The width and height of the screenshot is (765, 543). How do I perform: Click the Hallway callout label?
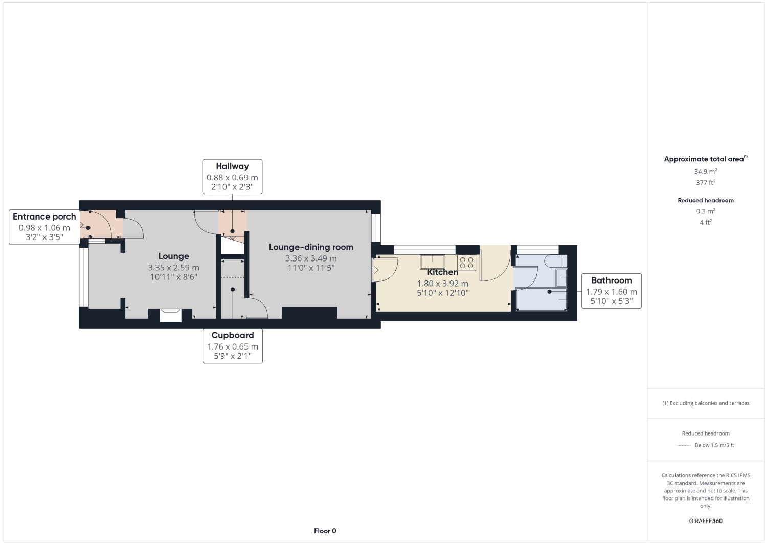(232, 166)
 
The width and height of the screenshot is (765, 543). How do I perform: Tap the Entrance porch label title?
(44, 217)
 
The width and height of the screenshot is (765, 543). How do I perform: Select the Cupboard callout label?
(233, 335)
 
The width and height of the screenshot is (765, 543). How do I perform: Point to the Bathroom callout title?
(611, 280)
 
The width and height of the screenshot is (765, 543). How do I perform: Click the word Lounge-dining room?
(311, 247)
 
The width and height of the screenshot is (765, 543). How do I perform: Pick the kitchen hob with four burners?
(466, 263)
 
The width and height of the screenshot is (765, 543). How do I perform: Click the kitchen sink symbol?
(433, 262)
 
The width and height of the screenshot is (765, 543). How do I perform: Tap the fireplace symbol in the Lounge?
(170, 315)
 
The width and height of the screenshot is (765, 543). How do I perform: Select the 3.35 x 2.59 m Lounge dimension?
(173, 268)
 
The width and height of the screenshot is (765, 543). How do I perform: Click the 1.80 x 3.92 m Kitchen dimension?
(442, 284)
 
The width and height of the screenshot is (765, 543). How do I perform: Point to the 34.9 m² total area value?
(705, 172)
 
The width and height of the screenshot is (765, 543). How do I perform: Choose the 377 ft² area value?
(705, 183)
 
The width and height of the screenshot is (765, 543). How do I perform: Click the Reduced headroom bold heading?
(705, 201)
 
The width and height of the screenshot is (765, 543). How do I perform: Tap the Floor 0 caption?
(325, 531)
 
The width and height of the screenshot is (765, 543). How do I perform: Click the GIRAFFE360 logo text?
(705, 522)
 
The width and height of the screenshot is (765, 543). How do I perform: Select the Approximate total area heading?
(705, 159)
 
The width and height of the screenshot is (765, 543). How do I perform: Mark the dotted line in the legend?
(684, 446)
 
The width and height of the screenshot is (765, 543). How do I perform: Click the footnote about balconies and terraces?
(705, 403)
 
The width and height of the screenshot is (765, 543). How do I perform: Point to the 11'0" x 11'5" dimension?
(311, 268)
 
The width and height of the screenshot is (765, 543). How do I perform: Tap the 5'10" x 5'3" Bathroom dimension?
(611, 301)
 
